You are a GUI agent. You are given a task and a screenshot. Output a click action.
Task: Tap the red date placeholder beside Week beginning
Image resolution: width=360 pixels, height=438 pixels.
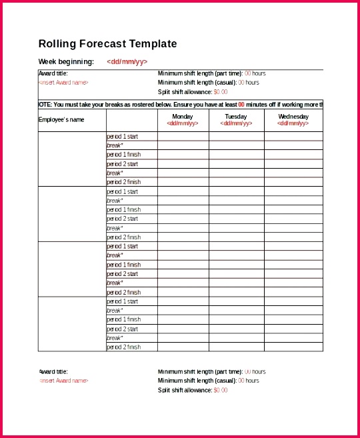point(127,61)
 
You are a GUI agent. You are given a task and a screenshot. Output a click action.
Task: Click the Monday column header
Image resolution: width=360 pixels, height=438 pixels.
point(182,117)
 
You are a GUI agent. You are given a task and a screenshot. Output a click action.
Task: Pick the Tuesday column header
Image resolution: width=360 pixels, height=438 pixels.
point(236,117)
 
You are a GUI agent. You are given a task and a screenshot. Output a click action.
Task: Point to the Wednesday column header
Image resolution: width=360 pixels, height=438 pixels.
point(293,117)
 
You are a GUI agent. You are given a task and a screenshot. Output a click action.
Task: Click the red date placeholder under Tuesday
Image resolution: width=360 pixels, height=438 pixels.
point(236,123)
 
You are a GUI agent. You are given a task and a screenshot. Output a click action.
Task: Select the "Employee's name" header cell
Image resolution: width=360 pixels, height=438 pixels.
point(62,120)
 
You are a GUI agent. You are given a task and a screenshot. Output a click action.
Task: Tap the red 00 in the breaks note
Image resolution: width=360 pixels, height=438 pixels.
point(241,104)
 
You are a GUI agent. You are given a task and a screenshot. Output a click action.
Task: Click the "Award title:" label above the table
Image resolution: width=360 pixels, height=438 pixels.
point(54,73)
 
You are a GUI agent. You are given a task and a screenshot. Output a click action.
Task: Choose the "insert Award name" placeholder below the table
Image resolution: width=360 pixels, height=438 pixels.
point(63,381)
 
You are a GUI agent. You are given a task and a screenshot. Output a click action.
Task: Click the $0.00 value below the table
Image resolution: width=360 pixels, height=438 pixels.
point(221,390)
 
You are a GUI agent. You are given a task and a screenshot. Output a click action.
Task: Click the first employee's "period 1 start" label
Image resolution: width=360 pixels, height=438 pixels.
point(123,136)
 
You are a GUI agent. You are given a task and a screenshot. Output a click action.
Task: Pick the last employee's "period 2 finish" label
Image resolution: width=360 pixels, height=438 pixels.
point(124,347)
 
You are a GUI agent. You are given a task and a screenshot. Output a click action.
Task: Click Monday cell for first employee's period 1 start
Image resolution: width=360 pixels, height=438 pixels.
point(183,136)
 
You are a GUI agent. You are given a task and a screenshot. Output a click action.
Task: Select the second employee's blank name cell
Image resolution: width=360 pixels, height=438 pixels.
point(72,214)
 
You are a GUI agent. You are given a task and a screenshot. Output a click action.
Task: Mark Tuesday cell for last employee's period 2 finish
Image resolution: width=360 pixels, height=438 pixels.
point(236,347)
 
